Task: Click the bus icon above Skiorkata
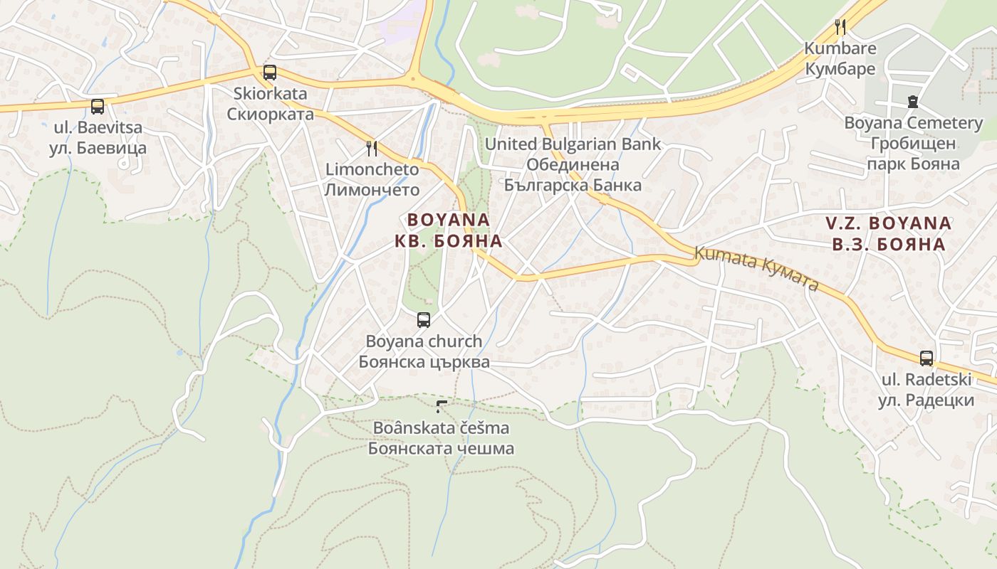[269, 72]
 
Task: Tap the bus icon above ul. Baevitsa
[98, 107]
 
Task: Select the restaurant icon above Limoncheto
[371, 148]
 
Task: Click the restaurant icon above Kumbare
[840, 27]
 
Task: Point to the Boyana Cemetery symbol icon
[913, 102]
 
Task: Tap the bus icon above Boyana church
[424, 319]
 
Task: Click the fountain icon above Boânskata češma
[442, 407]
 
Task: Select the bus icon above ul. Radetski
[926, 358]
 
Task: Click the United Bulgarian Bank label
[573, 144]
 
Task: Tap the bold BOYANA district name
[449, 220]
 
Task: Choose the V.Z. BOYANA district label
[889, 223]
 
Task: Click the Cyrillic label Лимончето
[372, 190]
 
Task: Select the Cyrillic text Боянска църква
[424, 362]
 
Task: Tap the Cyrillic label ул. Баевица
[98, 149]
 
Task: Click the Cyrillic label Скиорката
[270, 115]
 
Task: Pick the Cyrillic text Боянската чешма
[441, 450]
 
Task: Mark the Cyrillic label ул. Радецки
[925, 400]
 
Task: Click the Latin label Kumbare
[840, 48]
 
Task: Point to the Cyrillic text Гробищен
[912, 144]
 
